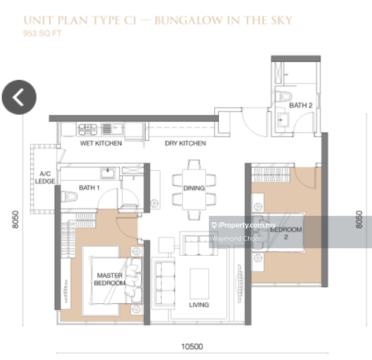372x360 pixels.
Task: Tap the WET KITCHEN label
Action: pyautogui.click(x=101, y=143)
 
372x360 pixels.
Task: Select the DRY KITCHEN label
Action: pyautogui.click(x=185, y=143)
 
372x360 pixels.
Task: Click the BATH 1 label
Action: pyautogui.click(x=90, y=188)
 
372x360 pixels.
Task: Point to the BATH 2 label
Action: pyautogui.click(x=301, y=105)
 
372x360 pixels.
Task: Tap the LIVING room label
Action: pyautogui.click(x=199, y=304)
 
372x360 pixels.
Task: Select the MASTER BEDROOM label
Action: pyautogui.click(x=110, y=280)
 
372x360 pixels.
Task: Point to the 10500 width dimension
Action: pyautogui.click(x=191, y=347)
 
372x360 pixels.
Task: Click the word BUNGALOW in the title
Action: pyautogui.click(x=191, y=21)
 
